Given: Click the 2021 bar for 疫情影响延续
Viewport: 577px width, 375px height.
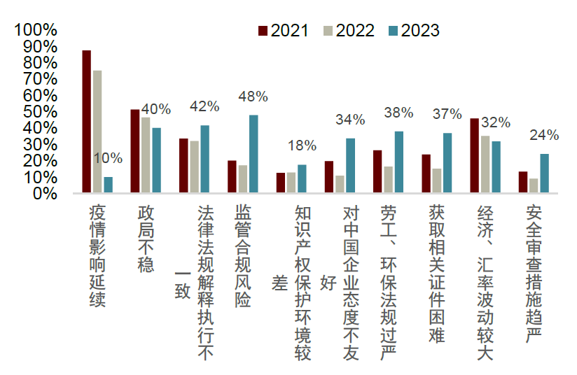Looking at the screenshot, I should coord(87,122).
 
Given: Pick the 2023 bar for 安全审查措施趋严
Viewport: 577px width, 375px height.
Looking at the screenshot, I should coord(544,174).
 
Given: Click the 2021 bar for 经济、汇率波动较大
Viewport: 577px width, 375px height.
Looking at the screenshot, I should coord(474,156).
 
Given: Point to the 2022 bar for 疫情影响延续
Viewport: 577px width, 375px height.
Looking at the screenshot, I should coord(97,132).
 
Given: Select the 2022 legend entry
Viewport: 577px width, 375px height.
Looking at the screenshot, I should coord(349,30).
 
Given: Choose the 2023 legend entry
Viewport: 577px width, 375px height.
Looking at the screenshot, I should coord(414,30).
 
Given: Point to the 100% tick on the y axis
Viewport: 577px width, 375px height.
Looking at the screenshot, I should coord(35,30).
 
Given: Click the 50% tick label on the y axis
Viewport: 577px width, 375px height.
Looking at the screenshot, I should coord(39,112).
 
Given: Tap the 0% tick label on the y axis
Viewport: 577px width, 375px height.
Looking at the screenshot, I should coord(43,194).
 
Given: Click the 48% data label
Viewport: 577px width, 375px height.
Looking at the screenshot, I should coord(253,97).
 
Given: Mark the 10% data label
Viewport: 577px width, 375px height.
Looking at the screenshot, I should coord(108,159).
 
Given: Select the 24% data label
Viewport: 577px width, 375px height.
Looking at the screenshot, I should coord(544,135).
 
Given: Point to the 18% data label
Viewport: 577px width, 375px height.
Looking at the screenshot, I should coord(302,146).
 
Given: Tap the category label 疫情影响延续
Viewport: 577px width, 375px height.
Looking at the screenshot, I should coord(97,262).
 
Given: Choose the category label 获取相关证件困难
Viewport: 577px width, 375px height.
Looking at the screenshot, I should coord(437,274).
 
